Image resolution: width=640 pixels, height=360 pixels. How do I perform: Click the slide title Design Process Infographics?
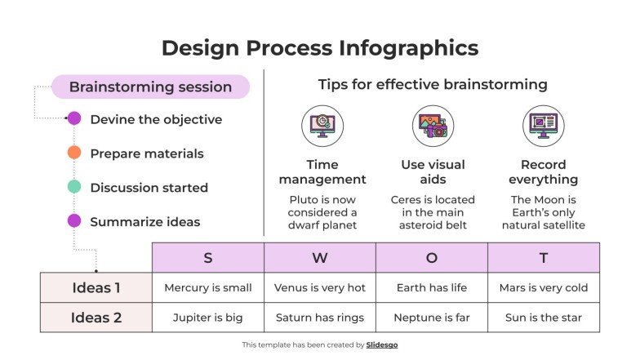pos(320,47)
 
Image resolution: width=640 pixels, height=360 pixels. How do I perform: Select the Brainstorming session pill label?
pos(150,87)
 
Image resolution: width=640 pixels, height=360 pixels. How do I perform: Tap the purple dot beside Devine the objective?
pos(74,118)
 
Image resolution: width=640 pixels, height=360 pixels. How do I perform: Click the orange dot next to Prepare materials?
pos(74,153)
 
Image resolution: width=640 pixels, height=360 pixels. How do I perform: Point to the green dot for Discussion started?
pos(74,187)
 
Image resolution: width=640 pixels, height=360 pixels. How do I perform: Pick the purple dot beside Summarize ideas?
pos(74,220)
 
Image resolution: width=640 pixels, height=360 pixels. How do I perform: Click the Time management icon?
pos(322,126)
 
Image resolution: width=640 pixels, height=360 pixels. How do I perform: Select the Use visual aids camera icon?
pos(433,126)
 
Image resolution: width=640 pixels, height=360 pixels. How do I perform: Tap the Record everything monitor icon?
pos(544,126)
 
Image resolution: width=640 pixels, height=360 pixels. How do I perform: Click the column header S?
pos(208,258)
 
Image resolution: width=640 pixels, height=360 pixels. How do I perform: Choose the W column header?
pos(320,258)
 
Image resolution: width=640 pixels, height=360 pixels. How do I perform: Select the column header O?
pos(432,258)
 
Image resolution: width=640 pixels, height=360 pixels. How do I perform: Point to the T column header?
pos(544,258)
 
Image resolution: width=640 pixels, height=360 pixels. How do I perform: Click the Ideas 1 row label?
pos(96,287)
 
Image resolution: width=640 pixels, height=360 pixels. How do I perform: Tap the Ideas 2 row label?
pos(96,318)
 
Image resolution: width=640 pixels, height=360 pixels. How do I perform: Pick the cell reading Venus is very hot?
pos(320,287)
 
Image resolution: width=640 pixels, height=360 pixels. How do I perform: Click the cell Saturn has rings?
pos(320,318)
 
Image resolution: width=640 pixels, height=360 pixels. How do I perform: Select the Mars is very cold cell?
pos(544,287)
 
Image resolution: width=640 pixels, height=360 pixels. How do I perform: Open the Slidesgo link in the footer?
pos(382,345)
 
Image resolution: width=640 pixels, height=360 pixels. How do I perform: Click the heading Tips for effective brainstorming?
pos(433,85)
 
